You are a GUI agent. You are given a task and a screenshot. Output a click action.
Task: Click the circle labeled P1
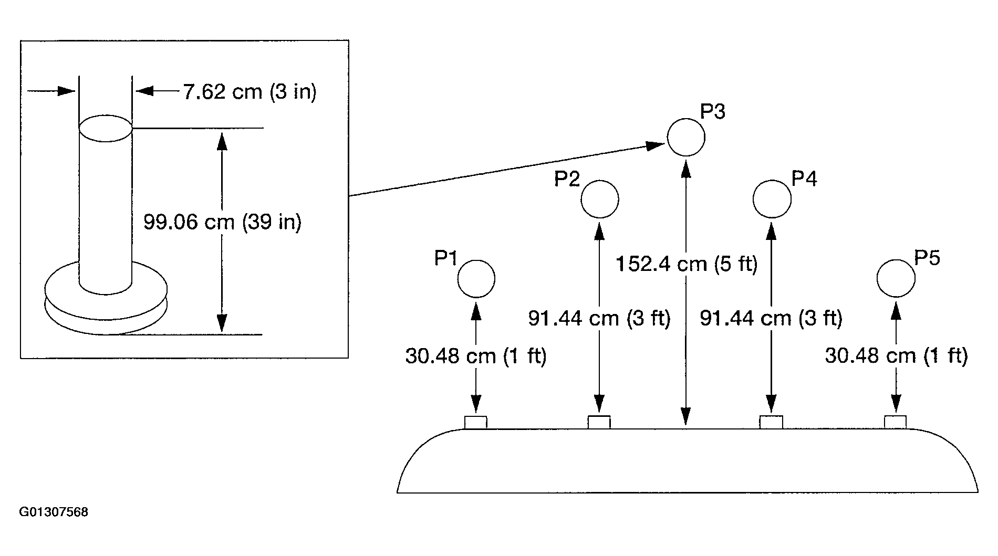click(476, 279)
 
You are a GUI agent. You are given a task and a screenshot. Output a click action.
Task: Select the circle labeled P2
click(600, 199)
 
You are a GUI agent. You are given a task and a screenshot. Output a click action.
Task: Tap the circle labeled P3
click(686, 137)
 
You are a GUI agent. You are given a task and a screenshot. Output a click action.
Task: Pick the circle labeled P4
click(772, 199)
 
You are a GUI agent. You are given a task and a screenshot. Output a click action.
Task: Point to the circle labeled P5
click(896, 278)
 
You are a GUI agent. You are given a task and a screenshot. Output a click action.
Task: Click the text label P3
click(713, 112)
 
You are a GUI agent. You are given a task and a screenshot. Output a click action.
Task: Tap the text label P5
click(927, 258)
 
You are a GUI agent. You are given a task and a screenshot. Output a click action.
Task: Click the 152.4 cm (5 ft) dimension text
click(687, 264)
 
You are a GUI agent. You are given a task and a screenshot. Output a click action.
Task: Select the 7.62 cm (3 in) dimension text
click(250, 92)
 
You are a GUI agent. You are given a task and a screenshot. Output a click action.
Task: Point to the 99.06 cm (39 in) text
click(223, 222)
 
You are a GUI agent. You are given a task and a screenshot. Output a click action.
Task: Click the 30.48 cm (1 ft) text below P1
click(476, 356)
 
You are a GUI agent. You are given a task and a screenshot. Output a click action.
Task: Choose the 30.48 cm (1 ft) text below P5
click(896, 356)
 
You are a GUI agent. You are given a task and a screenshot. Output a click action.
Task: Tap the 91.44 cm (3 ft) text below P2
click(599, 318)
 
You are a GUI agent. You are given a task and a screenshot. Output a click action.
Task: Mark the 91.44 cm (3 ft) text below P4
click(771, 318)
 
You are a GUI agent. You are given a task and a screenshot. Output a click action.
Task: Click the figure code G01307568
click(54, 512)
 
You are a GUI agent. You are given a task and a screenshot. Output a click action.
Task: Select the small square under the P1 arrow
click(476, 422)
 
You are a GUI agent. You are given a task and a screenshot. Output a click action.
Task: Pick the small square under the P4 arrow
click(771, 422)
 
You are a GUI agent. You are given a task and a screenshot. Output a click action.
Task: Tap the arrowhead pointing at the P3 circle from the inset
click(656, 145)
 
